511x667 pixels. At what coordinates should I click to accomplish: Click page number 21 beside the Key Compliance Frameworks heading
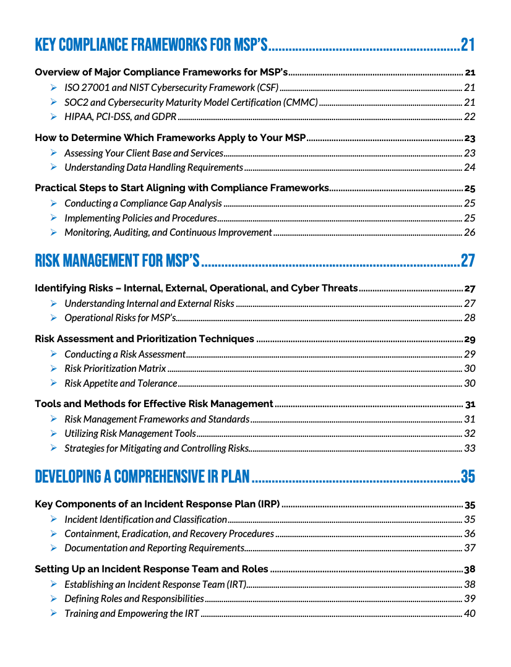tap(468, 45)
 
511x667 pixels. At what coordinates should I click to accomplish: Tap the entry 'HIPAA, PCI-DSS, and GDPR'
tap(121, 117)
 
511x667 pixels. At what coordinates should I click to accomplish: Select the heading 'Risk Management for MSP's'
tap(117, 261)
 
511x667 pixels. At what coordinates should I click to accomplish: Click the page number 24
tap(470, 168)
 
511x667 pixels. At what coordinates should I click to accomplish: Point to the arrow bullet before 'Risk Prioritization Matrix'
tap(54, 369)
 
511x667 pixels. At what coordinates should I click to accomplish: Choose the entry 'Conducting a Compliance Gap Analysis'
tap(143, 204)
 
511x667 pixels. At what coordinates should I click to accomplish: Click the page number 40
tap(470, 614)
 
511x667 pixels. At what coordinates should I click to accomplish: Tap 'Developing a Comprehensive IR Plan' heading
tap(142, 476)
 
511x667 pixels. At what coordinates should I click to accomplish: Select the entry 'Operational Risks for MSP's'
tap(120, 318)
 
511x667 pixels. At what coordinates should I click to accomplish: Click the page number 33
tap(470, 449)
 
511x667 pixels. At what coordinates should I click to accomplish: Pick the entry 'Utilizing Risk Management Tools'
tap(130, 434)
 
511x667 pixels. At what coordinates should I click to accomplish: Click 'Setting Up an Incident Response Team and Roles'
tap(152, 569)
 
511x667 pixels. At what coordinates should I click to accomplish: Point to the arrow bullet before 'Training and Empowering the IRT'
tap(54, 614)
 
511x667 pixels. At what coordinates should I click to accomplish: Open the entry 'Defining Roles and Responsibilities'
tap(134, 599)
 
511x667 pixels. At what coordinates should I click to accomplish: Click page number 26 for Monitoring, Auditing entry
tap(470, 233)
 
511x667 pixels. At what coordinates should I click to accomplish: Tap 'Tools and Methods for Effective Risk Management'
tap(154, 404)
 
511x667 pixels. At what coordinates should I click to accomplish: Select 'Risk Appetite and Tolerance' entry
tap(121, 384)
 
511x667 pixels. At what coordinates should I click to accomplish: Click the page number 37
tap(470, 548)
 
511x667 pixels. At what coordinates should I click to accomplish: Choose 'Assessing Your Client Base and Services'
tap(144, 153)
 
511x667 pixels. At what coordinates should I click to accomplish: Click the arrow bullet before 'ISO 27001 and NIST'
tap(54, 88)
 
